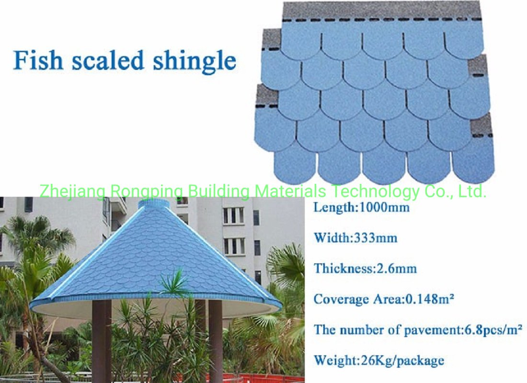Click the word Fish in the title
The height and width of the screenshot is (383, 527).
38,60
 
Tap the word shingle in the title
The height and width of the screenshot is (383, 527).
195,61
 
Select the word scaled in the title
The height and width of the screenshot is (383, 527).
108,60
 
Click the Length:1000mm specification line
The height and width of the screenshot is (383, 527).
362,207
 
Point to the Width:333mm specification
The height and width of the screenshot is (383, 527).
355,238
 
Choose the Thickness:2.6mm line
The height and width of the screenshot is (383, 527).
366,269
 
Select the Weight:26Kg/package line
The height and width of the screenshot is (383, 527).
379,360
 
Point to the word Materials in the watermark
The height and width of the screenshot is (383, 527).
290,191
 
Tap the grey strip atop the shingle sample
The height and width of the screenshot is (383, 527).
382,11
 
